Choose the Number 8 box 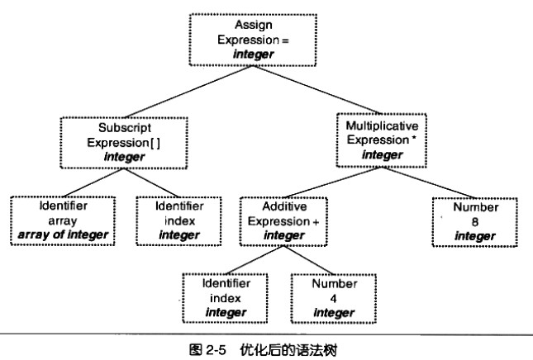(475, 220)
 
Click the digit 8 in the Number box (475, 221)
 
